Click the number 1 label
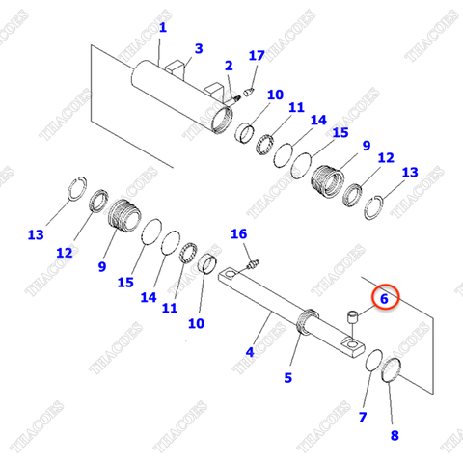163,29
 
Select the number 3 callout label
199,48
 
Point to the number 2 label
229,66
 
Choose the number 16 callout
238,234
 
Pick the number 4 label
249,353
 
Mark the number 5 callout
287,378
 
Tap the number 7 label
363,416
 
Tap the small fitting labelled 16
254,261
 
